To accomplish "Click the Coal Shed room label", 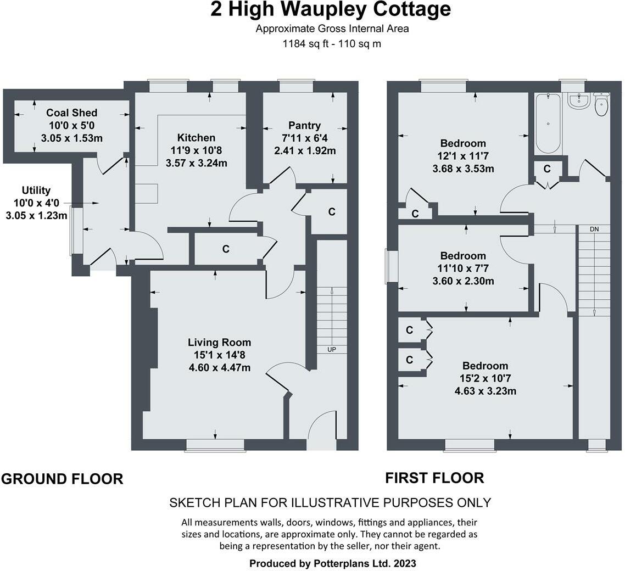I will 71,113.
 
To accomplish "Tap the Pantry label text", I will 304,126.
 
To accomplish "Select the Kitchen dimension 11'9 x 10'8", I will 196,150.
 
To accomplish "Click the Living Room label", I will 219,343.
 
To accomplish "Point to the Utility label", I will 36,191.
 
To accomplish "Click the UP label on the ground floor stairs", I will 332,349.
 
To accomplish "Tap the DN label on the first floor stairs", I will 594,228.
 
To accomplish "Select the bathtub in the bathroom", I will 547,123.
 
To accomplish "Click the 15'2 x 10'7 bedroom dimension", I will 485,379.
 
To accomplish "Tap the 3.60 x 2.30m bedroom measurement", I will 463,282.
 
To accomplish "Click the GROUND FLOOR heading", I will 62,479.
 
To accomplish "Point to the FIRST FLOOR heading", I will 434,478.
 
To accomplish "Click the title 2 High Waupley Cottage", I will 331,10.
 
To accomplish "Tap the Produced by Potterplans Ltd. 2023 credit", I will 332,563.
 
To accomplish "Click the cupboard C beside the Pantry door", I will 332,212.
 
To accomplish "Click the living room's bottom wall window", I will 215,444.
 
